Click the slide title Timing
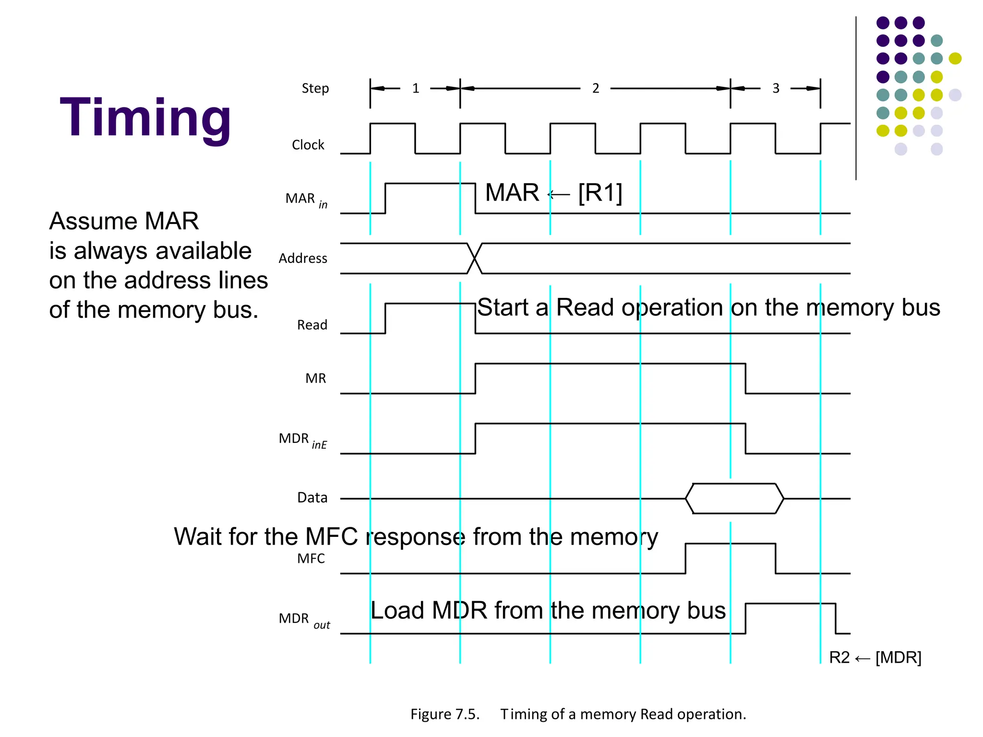tap(145, 119)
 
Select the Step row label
tap(315, 88)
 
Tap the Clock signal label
tap(308, 145)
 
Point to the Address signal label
tap(302, 259)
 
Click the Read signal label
tap(312, 325)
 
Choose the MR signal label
tap(315, 379)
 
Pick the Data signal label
tap(312, 498)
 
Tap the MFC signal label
tap(311, 559)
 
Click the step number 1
tap(416, 88)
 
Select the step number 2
tap(596, 88)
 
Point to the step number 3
tap(776, 88)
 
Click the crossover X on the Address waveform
tap(475, 259)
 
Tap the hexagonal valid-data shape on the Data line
tap(734, 499)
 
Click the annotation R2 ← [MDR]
tap(875, 657)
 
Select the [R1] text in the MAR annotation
tap(600, 193)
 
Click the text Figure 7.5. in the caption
tap(445, 714)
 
